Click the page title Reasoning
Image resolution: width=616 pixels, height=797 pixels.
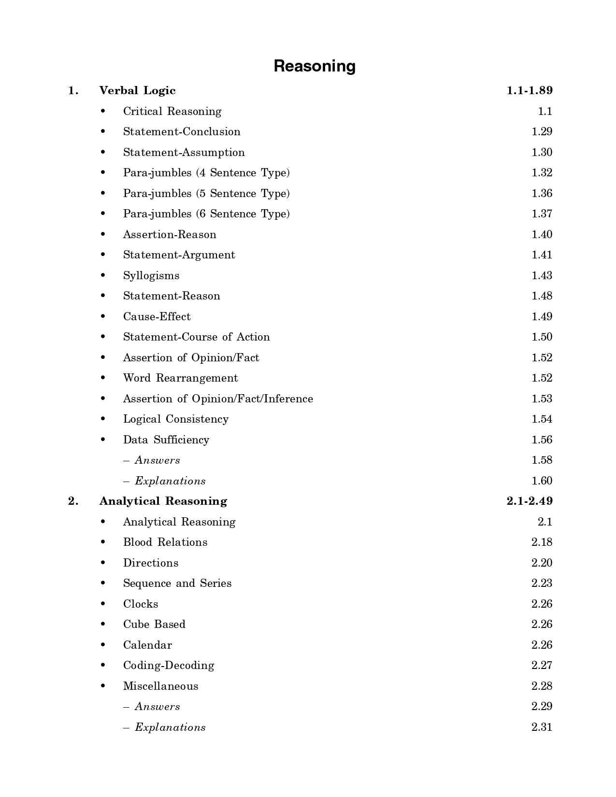(315, 66)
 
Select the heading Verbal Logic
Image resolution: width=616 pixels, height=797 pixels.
(137, 91)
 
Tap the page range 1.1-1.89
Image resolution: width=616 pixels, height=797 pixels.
(530, 91)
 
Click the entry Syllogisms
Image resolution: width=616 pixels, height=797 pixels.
(151, 276)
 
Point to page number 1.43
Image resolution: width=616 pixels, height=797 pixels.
(542, 276)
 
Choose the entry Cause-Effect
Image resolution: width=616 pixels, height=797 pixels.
(157, 317)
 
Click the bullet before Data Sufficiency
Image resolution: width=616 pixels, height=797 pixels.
(103, 440)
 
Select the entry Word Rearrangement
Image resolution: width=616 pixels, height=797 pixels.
(181, 378)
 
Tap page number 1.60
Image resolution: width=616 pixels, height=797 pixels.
(542, 481)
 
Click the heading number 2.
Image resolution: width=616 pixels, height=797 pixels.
(73, 501)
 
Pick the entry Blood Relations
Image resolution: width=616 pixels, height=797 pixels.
(165, 542)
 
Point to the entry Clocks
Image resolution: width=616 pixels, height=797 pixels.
(141, 604)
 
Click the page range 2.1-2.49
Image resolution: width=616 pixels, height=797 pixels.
(530, 501)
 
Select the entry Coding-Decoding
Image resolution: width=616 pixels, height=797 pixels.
(169, 666)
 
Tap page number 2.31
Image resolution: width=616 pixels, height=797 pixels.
(542, 727)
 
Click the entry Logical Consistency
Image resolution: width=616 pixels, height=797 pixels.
(176, 419)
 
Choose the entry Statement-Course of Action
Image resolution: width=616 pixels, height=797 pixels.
(197, 337)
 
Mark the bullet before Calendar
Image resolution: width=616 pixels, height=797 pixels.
(103, 645)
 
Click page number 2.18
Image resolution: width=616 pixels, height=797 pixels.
(542, 542)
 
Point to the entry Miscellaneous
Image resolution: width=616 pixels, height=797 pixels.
(161, 686)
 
